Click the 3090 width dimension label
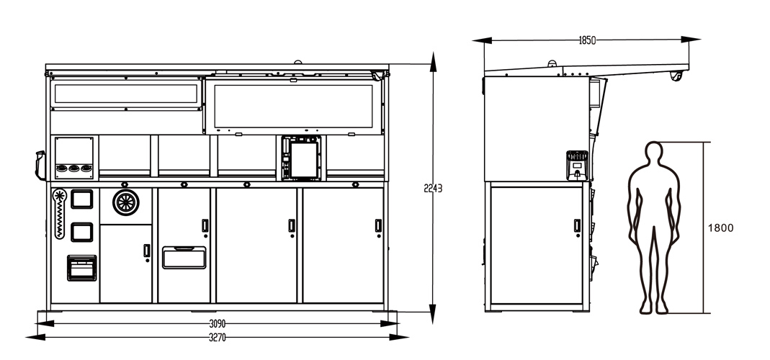[x=217, y=324]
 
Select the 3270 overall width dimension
[x=217, y=338]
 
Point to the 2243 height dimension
[x=433, y=188]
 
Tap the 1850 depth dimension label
[x=587, y=40]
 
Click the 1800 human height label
[x=720, y=228]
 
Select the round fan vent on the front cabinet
[x=126, y=202]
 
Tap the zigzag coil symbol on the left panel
[x=59, y=214]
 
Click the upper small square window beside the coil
[x=82, y=199]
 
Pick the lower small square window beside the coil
[x=82, y=233]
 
